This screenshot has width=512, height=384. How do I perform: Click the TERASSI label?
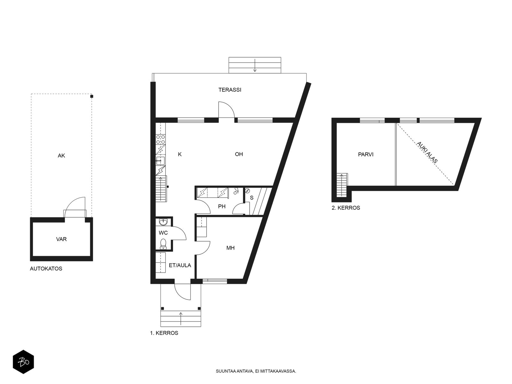coord(229,90)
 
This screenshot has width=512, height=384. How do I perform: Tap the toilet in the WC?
coord(163,243)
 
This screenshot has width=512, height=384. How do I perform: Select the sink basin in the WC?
coord(163,222)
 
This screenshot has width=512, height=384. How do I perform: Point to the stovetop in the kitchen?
coord(161,140)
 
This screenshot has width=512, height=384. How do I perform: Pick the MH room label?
coord(230,248)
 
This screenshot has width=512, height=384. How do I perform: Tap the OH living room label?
coord(239,154)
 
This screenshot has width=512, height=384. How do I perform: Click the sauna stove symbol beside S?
coord(247,191)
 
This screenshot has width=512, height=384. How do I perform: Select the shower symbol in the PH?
coord(236,191)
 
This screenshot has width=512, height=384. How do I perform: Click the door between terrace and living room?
coord(226,110)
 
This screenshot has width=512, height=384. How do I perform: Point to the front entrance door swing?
coord(182,292)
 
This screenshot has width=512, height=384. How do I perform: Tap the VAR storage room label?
coord(61,239)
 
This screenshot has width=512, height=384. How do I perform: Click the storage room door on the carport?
coord(75,207)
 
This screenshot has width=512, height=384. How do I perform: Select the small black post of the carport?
coord(92,96)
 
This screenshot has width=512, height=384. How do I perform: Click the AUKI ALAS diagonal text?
coord(427,152)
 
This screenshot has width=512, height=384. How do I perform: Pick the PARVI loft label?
coord(366,154)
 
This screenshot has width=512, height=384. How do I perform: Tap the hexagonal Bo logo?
coord(23,362)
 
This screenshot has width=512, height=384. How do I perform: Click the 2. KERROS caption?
coord(346,208)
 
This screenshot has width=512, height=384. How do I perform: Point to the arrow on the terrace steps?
coord(255,65)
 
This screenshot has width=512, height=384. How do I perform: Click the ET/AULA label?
coord(180,265)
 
